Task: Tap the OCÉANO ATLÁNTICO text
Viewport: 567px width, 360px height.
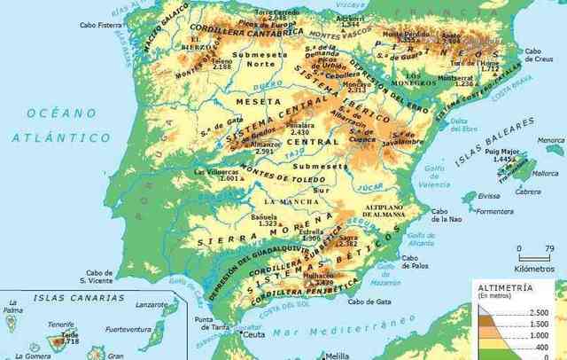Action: point(60,125)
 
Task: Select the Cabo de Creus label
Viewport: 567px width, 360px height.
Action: point(539,55)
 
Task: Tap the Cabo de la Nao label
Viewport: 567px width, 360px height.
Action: point(447,215)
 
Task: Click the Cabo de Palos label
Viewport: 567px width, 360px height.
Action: point(415,262)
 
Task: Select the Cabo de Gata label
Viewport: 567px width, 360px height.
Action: point(369,301)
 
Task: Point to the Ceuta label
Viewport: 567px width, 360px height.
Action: point(254,335)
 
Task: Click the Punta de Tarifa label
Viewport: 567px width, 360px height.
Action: point(205,324)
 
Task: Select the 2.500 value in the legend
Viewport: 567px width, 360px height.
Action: point(538,313)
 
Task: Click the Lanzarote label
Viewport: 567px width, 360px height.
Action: point(151,304)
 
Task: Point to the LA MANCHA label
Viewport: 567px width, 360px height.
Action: point(293,202)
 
